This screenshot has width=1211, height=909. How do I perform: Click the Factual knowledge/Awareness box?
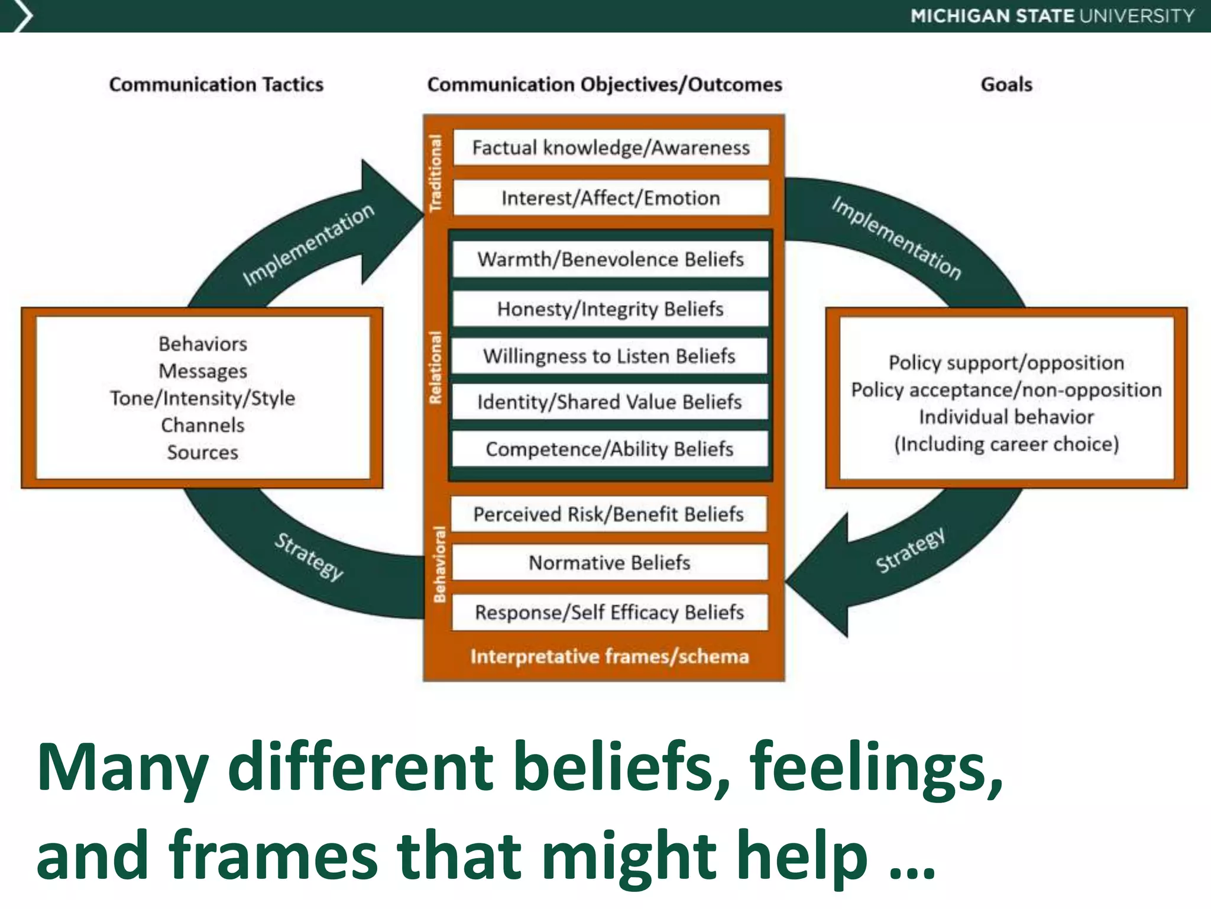pyautogui.click(x=611, y=147)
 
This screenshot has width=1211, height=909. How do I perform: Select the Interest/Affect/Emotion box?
pyautogui.click(x=611, y=198)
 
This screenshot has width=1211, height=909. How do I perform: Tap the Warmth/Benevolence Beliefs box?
pyautogui.click(x=611, y=259)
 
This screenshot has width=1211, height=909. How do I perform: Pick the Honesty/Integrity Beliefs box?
pyautogui.click(x=611, y=309)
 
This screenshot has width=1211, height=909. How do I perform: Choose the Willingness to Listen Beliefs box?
pyautogui.click(x=610, y=356)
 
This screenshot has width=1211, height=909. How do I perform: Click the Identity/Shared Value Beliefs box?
pyautogui.click(x=610, y=402)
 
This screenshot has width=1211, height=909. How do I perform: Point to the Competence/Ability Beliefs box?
pyautogui.click(x=610, y=449)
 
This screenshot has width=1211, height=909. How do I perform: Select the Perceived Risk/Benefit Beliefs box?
pyautogui.click(x=608, y=514)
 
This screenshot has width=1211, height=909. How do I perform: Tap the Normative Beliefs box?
pyautogui.click(x=610, y=563)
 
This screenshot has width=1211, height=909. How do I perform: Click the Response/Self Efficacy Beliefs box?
pyautogui.click(x=610, y=613)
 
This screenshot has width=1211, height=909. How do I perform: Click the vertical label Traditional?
pyautogui.click(x=436, y=173)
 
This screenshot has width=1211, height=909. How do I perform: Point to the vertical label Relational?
pyautogui.click(x=436, y=368)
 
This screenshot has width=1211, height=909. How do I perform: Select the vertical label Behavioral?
pyautogui.click(x=439, y=564)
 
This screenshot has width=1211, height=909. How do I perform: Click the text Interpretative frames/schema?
pyautogui.click(x=610, y=657)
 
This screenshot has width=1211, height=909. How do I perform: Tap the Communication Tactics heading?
pyautogui.click(x=216, y=85)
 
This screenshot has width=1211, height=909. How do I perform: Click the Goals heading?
pyautogui.click(x=1006, y=85)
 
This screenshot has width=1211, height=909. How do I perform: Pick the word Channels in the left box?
pyautogui.click(x=203, y=425)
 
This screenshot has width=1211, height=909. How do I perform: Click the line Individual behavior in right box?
pyautogui.click(x=1006, y=417)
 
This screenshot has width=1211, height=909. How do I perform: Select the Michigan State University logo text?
pyautogui.click(x=1053, y=16)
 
